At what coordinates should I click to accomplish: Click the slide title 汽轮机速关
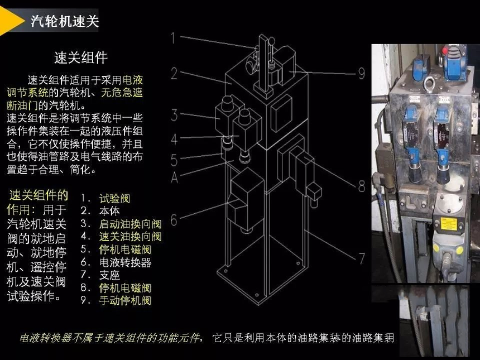click(65, 21)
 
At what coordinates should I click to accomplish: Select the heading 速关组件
click(81, 57)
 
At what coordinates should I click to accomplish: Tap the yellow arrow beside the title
click(11, 21)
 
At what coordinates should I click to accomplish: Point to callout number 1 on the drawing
click(173, 39)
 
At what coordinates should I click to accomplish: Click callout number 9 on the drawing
click(362, 74)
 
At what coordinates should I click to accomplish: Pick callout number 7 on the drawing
click(362, 258)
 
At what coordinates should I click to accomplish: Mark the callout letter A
click(175, 177)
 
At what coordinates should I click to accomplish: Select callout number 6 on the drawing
click(174, 220)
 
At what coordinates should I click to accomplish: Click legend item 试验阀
click(115, 198)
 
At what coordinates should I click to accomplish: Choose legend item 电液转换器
click(125, 262)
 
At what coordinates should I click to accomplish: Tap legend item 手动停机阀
click(125, 300)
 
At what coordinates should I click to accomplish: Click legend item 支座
click(109, 275)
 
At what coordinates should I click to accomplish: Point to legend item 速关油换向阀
click(131, 237)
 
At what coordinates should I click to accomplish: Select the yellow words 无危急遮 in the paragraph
click(122, 93)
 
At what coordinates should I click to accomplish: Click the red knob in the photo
click(445, 50)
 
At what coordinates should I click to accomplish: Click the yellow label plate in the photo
click(449, 224)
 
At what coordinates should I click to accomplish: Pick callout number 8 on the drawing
click(362, 186)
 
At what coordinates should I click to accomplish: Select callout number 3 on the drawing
click(174, 116)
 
